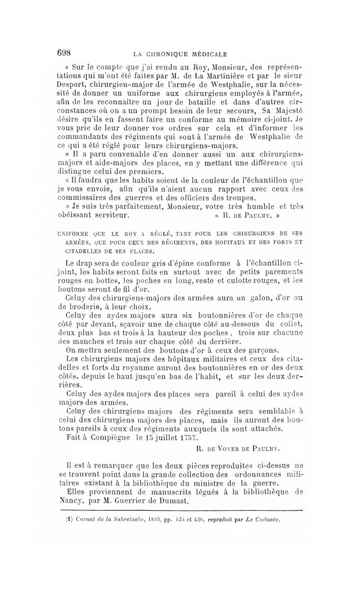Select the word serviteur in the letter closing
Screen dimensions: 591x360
coord(108,215)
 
